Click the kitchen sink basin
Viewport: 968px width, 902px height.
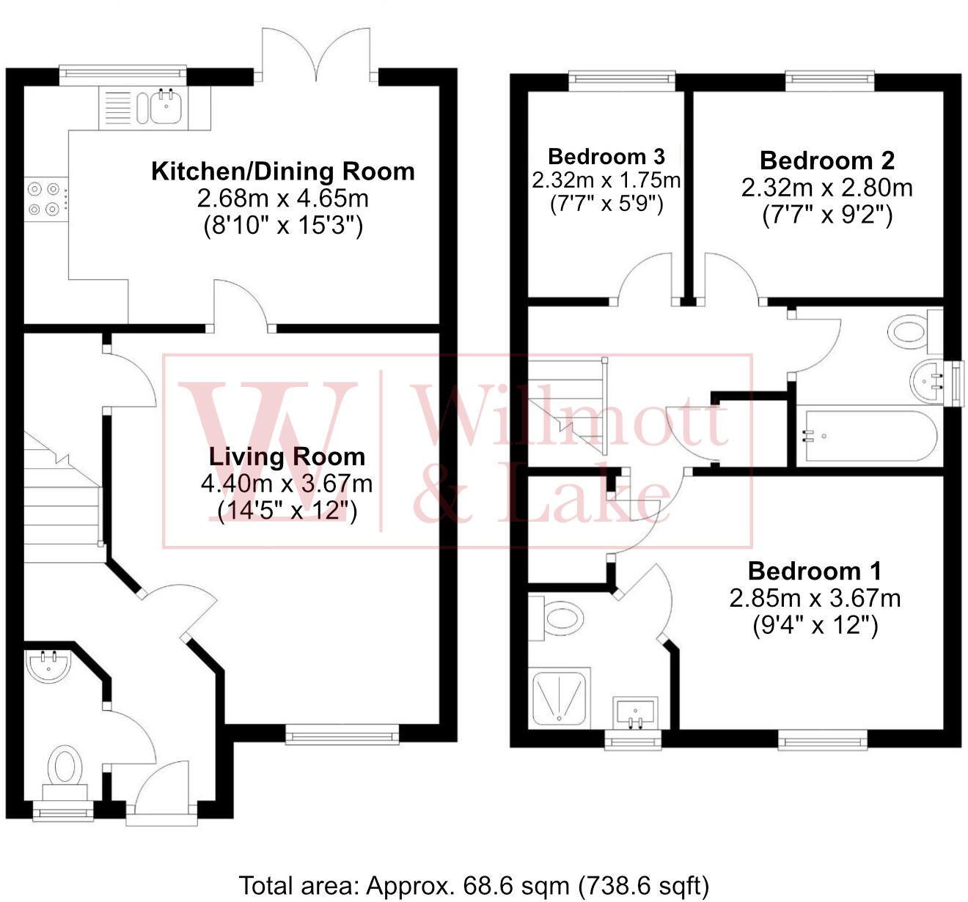[x=166, y=107]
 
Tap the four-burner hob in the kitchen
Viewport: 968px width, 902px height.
[x=43, y=199]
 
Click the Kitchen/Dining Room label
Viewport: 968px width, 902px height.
[x=283, y=171]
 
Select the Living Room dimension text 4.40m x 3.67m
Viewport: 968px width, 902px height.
[x=287, y=484]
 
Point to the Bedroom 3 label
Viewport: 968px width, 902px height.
[x=606, y=156]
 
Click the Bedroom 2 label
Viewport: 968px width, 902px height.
[x=827, y=160]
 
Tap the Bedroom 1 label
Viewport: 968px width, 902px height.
[x=815, y=571]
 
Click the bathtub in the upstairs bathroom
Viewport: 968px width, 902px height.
[x=870, y=436]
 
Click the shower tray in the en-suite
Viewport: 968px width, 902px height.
[x=559, y=698]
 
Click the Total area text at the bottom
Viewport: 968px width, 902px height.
[x=474, y=886]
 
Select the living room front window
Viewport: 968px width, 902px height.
[x=342, y=734]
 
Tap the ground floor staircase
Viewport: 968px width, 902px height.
[x=62, y=498]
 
